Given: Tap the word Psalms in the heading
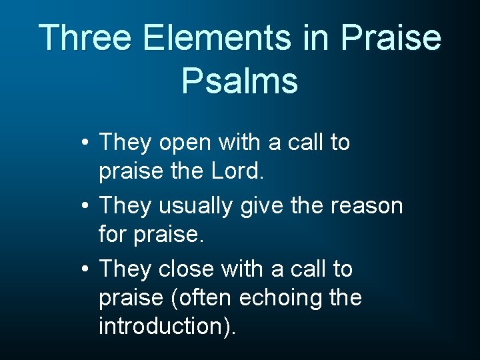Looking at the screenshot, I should [239, 81].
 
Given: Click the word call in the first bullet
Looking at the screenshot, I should [307, 143].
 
